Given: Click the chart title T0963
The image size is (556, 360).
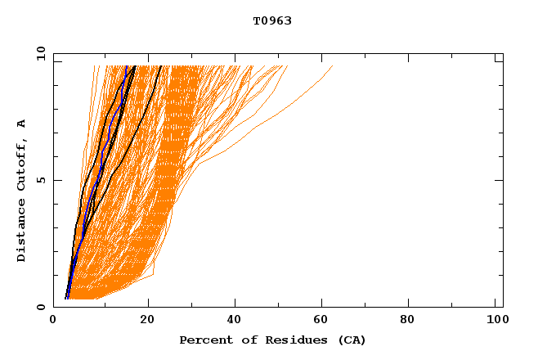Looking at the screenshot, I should (272, 21).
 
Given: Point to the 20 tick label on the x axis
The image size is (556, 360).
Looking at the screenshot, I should (147, 321).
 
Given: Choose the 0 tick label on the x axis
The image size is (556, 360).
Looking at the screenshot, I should (53, 321).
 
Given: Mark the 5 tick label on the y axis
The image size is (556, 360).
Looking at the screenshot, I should (40, 180).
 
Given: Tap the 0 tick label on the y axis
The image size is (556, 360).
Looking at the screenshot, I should (40, 307).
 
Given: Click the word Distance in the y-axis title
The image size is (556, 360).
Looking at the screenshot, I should (22, 233).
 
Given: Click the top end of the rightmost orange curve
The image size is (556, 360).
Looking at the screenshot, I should (332, 66).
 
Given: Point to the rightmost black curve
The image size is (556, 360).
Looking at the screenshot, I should (139, 123).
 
